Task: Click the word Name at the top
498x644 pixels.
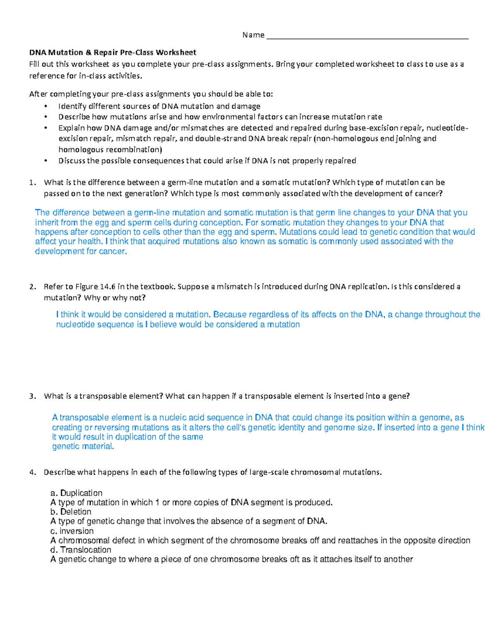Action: coord(253,35)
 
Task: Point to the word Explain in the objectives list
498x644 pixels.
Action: coord(71,128)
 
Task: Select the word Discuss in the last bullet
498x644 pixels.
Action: coord(72,161)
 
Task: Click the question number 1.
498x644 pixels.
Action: coord(32,182)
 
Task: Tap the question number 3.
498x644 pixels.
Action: coord(32,396)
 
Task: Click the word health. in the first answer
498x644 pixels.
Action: coord(89,241)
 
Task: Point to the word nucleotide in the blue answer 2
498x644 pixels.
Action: coord(75,325)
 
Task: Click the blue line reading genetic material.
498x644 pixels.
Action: coord(83,447)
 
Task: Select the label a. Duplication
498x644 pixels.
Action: coord(76,493)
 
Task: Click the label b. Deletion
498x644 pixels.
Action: coord(71,512)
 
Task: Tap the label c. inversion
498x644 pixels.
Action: coord(72,531)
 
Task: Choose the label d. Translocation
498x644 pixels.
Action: coord(81,550)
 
